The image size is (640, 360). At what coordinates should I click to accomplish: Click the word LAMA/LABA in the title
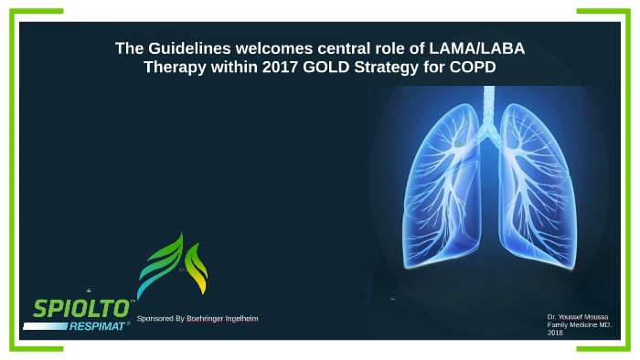(x=477, y=48)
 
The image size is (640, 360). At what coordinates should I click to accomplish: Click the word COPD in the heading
(x=472, y=68)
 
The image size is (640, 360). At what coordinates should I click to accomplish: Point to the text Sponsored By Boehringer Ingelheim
(x=197, y=318)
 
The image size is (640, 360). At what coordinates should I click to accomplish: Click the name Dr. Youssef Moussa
(x=577, y=316)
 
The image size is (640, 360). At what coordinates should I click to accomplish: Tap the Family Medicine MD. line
(x=579, y=324)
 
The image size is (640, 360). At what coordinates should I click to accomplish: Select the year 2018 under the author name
(x=555, y=333)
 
